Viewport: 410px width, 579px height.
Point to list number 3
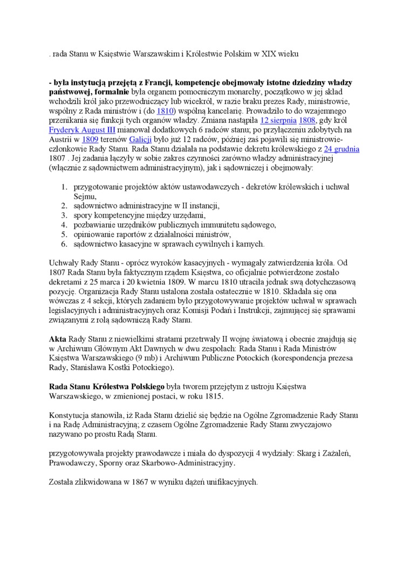tap(63, 215)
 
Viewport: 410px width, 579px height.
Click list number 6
tap(63, 244)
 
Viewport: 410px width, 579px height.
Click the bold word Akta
tap(57, 339)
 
